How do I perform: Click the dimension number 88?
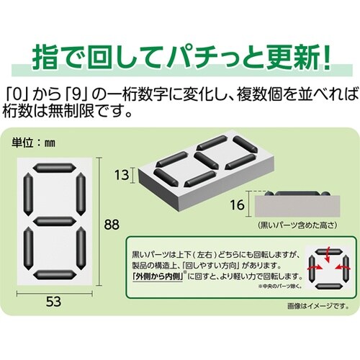(109, 225)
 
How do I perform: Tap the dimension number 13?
(123, 174)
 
